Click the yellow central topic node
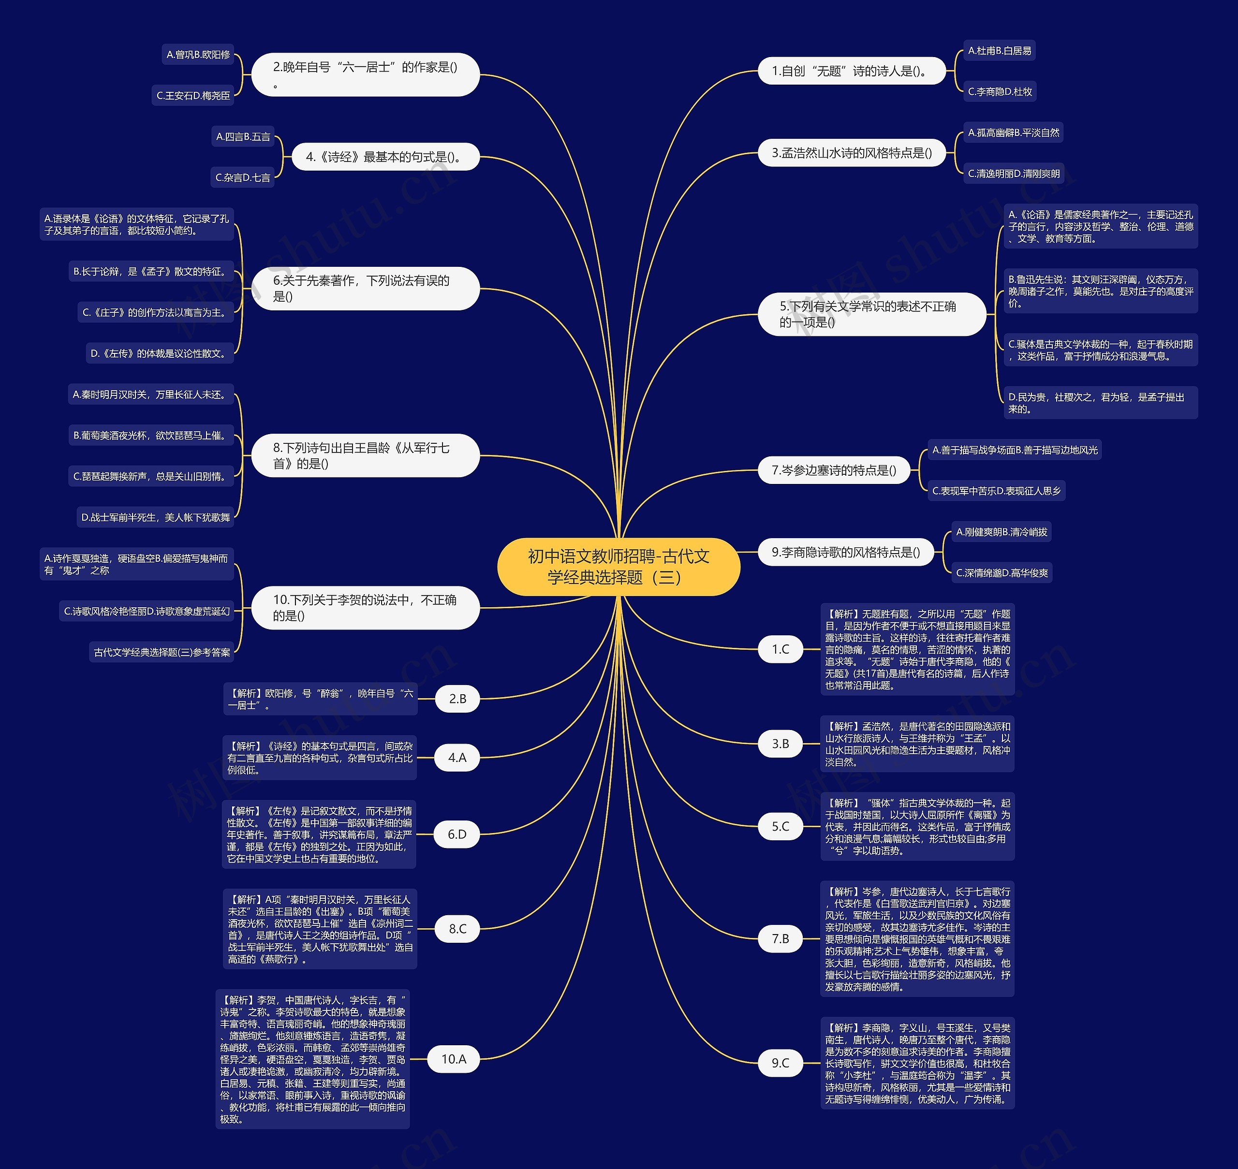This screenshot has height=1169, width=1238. [619, 567]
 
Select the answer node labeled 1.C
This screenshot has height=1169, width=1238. [781, 649]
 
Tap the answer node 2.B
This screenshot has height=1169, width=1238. [457, 699]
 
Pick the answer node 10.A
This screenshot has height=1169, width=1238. [454, 1059]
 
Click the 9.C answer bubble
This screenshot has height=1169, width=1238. [781, 1063]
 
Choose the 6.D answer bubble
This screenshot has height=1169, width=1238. [457, 834]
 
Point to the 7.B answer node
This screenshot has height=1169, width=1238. [781, 938]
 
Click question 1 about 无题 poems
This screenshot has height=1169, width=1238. [851, 71]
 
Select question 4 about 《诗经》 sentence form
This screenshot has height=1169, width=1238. [385, 157]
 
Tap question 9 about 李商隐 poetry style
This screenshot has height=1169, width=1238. [846, 552]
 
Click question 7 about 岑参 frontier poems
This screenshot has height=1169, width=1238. [834, 470]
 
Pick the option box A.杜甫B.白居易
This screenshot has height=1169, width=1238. [999, 50]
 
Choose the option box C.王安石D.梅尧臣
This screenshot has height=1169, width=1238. [193, 95]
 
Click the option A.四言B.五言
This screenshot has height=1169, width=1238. [243, 136]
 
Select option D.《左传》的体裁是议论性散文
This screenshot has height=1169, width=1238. [160, 353]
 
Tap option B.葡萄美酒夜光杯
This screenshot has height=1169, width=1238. [151, 436]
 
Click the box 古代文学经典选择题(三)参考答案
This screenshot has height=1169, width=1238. [162, 652]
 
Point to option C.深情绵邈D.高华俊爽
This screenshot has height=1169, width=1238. [1002, 573]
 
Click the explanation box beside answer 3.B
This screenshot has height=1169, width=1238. [917, 744]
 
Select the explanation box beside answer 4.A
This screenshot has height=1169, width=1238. [320, 758]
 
